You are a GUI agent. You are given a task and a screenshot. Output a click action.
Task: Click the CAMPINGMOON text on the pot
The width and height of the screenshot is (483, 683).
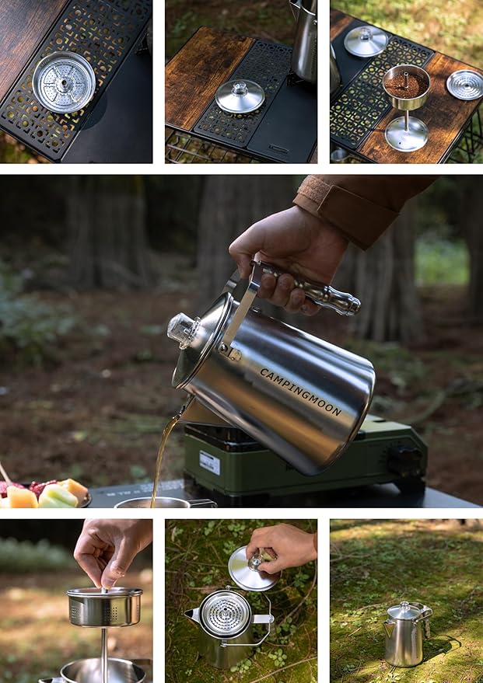coord(300,392)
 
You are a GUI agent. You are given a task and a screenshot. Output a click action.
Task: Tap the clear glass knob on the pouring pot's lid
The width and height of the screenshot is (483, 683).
coord(181,329)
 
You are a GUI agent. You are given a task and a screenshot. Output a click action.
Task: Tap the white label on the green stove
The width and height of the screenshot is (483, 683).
coord(209,462)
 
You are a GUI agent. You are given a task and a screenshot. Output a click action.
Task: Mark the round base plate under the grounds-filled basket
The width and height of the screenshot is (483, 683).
coord(406,133)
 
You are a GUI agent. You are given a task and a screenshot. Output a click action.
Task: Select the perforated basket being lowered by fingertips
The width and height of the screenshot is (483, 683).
coord(103,606)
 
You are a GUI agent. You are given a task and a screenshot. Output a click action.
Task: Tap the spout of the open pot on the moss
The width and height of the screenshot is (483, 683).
coord(191,615)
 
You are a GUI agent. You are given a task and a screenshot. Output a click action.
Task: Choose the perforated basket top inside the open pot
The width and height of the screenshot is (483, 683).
coord(226,614)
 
